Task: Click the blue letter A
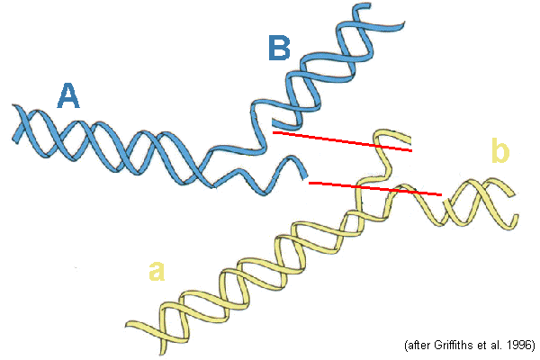tap(67, 95)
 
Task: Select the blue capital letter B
tap(279, 47)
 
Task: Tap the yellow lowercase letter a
tap(157, 270)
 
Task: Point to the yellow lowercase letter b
tap(500, 151)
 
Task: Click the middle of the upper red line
tap(343, 142)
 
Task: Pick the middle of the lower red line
tap(374, 188)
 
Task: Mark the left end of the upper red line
tap(274, 133)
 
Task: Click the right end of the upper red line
tap(412, 151)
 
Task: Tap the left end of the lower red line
tap(309, 183)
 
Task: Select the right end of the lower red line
tap(441, 194)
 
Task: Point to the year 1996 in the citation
tap(519, 345)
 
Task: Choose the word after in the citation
tap(414, 345)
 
